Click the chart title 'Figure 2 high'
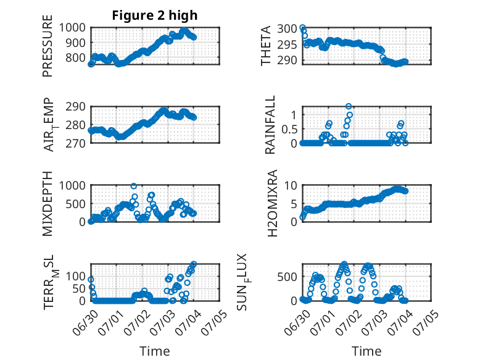pos(155,15)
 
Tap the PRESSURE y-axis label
pos(48,46)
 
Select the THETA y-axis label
pos(266,46)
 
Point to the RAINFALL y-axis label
pos(270,125)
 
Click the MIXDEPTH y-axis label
pos(48,203)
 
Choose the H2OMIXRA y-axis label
pos(272,203)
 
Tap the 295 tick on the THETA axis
pos(287,44)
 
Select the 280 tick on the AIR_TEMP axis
pos(75,125)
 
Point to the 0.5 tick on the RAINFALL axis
pos(289,129)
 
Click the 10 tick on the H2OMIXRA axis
pos(291,185)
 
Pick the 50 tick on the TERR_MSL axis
pos(79,288)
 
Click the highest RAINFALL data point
pos(349,106)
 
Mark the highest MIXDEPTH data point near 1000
pos(134,186)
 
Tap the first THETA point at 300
pos(302,27)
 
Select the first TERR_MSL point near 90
pos(91,280)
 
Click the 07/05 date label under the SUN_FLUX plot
pos(426,322)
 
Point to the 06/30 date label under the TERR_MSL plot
pos(85,322)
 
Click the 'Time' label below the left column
pos(155,351)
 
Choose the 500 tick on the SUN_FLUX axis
pos(287,277)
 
